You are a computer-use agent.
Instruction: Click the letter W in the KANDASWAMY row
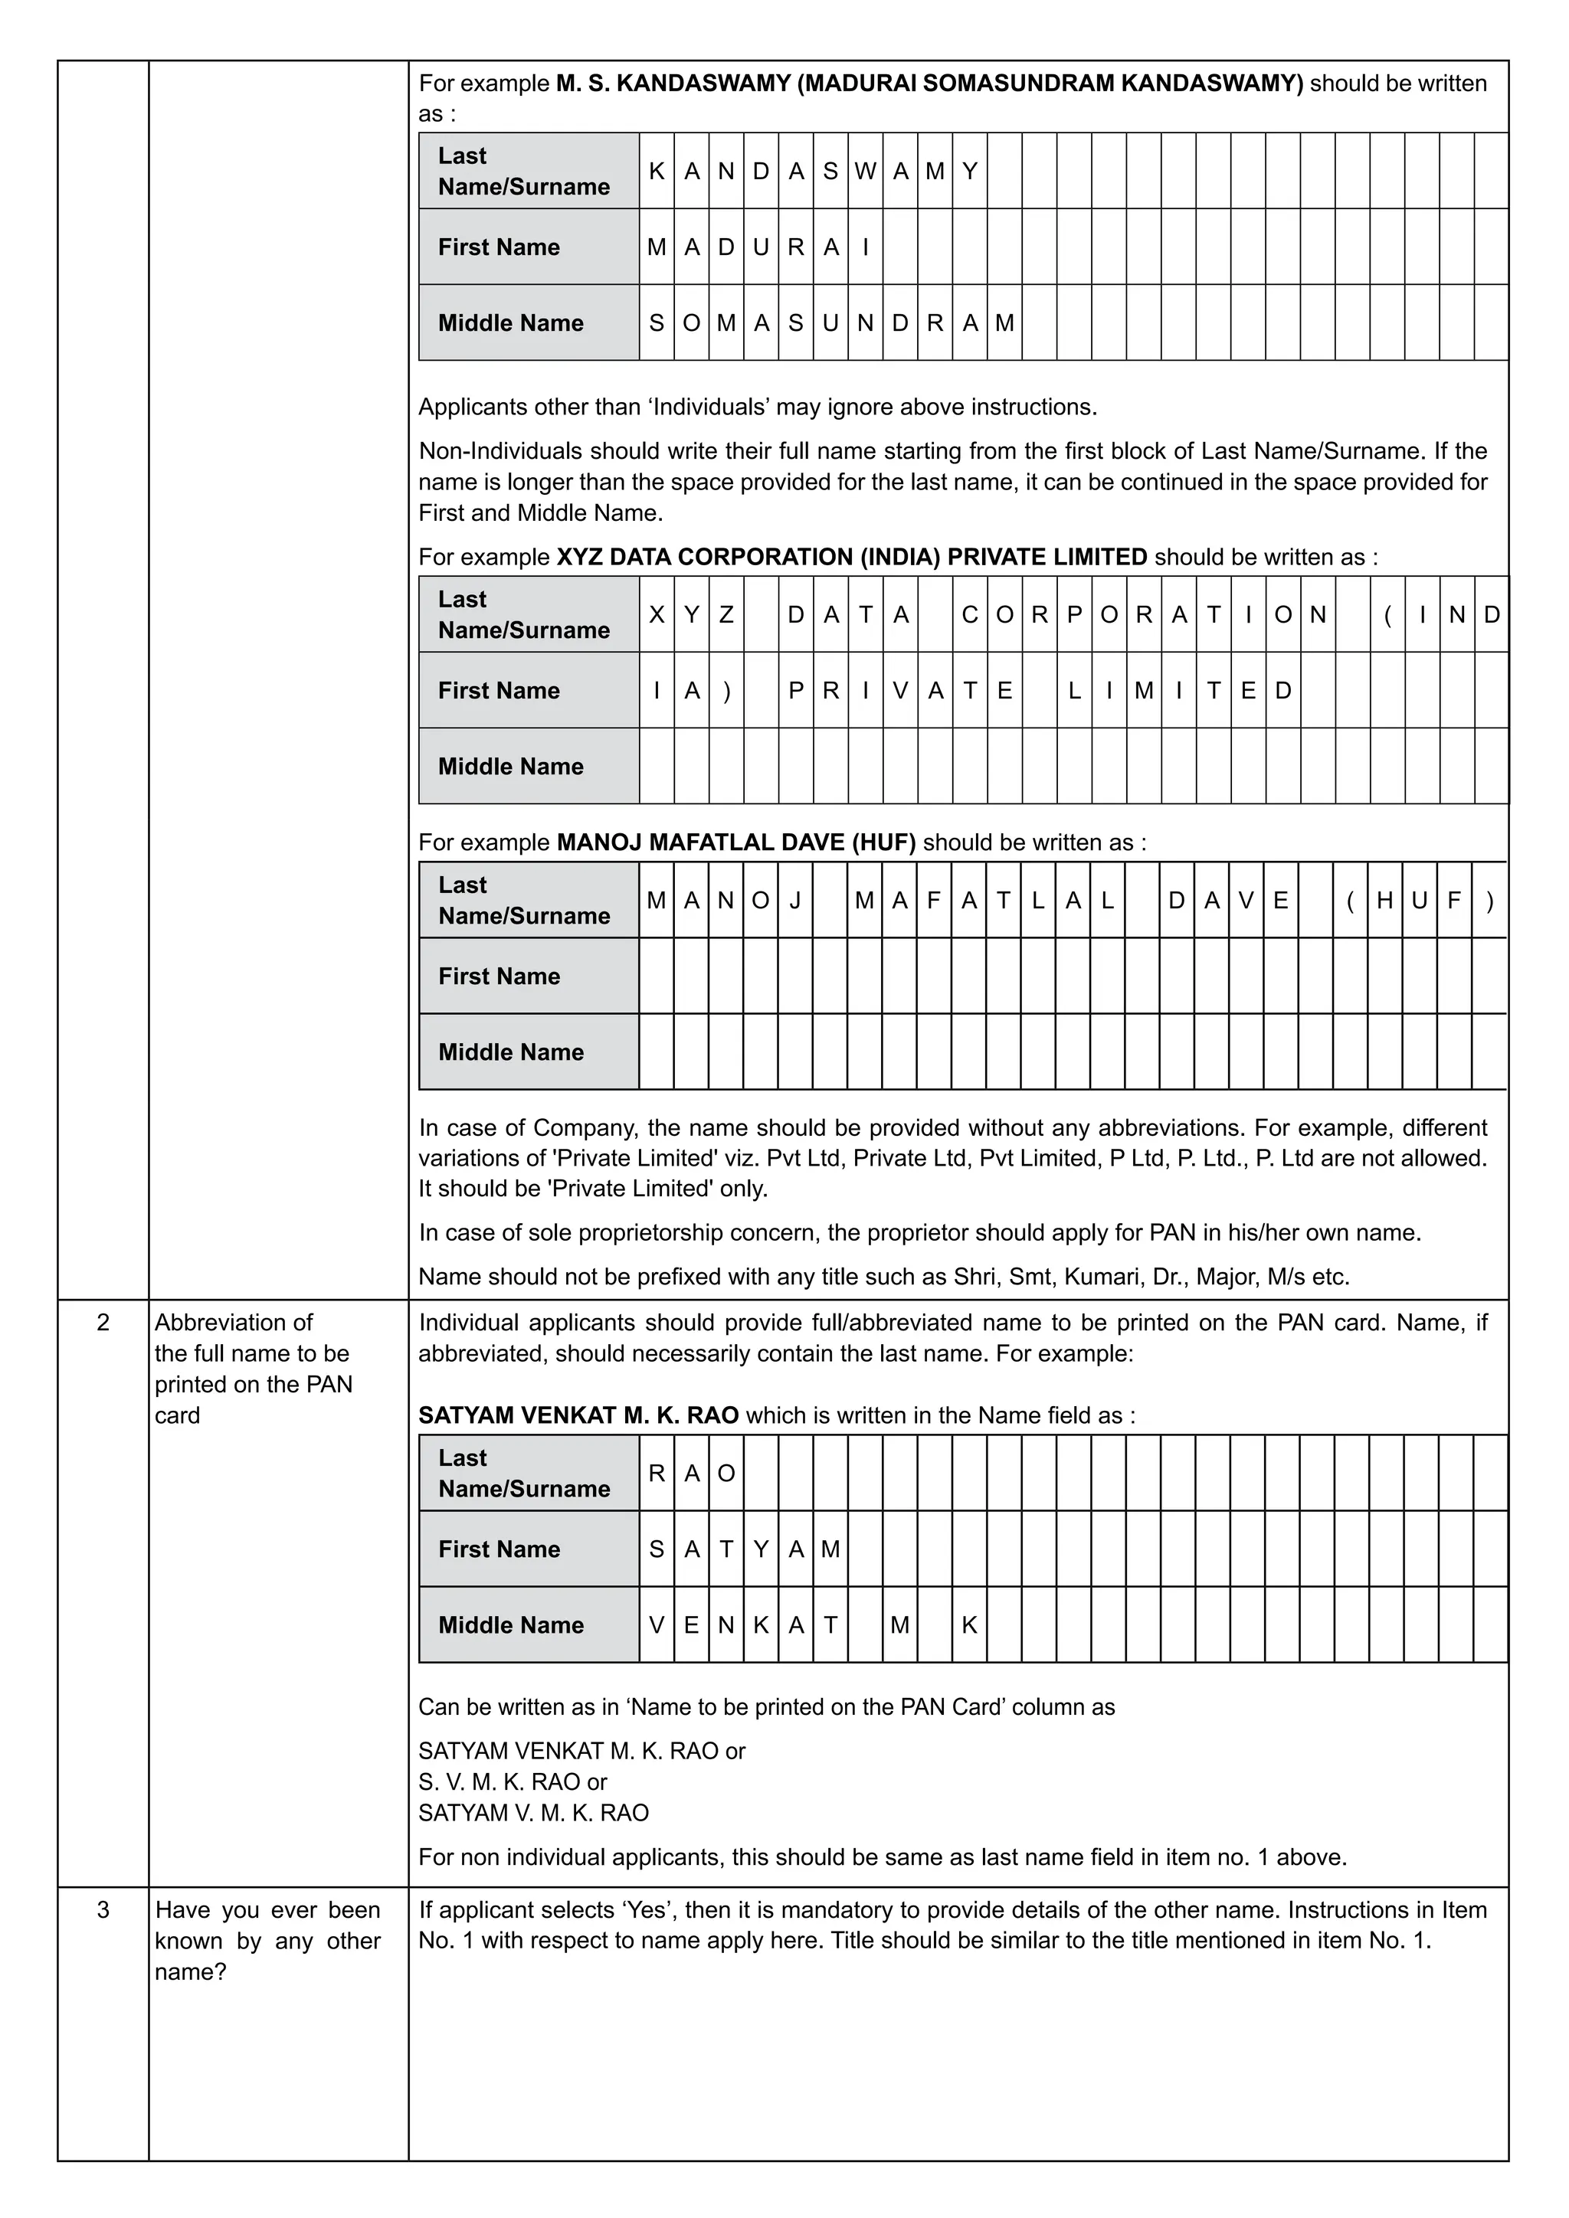point(865,171)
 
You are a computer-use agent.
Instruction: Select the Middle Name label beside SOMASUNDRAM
point(510,322)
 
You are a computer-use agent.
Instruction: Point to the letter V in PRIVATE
point(900,691)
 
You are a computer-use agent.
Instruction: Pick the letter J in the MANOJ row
point(795,901)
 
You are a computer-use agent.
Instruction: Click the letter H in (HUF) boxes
point(1384,901)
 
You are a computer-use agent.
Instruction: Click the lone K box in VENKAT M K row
point(969,1625)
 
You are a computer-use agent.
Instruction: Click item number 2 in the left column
point(103,1323)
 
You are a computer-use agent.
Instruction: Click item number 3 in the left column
point(103,1910)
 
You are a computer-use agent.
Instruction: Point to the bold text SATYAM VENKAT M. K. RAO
point(578,1415)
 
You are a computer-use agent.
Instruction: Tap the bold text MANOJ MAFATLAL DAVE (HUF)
point(736,842)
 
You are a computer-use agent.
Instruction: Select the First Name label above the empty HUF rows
point(499,976)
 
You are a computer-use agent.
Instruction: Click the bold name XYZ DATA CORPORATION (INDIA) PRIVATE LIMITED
point(851,558)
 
